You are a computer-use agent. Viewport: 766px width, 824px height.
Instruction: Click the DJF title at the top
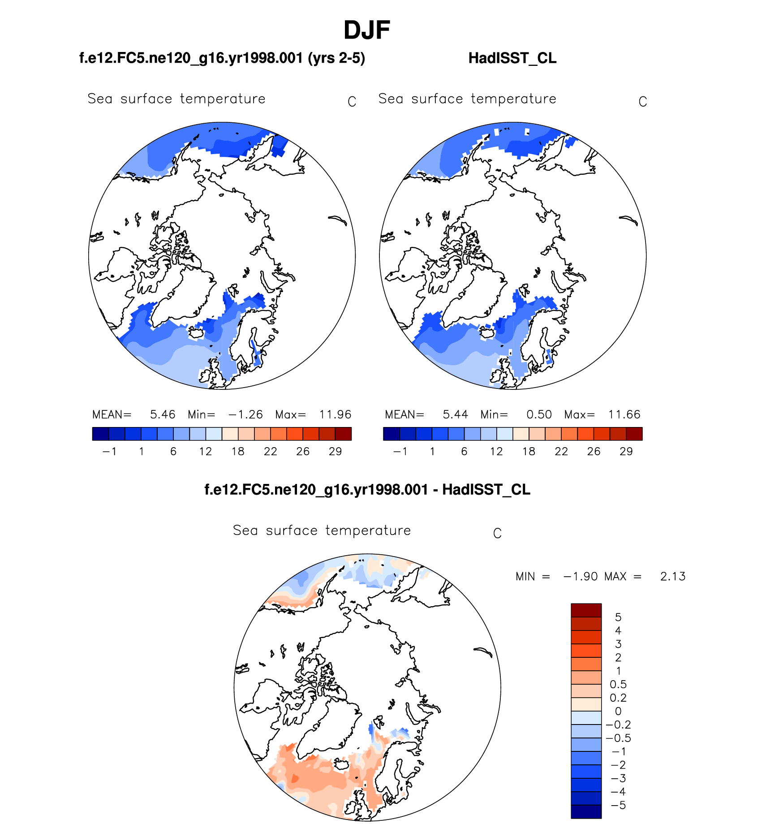pyautogui.click(x=366, y=30)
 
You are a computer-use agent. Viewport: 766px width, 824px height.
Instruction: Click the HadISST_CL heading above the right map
pyautogui.click(x=512, y=58)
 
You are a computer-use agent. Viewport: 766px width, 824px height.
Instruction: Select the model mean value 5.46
pyautogui.click(x=163, y=414)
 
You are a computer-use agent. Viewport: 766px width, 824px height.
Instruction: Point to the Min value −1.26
pyautogui.click(x=245, y=414)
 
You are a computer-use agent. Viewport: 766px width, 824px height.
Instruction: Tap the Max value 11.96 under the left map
pyautogui.click(x=335, y=414)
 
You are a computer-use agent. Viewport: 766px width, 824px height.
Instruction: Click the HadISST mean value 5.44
pyautogui.click(x=455, y=414)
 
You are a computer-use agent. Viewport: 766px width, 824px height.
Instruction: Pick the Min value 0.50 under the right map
pyautogui.click(x=539, y=414)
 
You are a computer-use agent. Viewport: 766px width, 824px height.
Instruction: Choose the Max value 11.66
pyautogui.click(x=624, y=414)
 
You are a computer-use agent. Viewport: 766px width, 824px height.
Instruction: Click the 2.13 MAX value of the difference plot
pyautogui.click(x=672, y=577)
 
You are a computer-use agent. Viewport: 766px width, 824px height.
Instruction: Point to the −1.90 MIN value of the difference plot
pyautogui.click(x=581, y=577)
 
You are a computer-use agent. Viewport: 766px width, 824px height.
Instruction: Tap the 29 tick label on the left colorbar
pyautogui.click(x=335, y=452)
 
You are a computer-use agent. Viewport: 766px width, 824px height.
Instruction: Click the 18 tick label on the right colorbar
pyautogui.click(x=529, y=452)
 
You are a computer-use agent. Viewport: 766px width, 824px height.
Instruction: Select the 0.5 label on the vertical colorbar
pyautogui.click(x=618, y=684)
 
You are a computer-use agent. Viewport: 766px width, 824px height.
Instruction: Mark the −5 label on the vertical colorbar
pyautogui.click(x=618, y=805)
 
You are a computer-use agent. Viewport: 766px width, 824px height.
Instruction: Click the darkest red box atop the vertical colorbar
pyautogui.click(x=586, y=610)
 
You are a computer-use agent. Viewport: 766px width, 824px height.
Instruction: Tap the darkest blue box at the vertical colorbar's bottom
pyautogui.click(x=586, y=811)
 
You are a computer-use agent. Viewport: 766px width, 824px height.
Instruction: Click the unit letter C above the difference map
pyautogui.click(x=497, y=534)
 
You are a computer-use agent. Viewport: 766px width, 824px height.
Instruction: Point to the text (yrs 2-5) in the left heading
pyautogui.click(x=336, y=58)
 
